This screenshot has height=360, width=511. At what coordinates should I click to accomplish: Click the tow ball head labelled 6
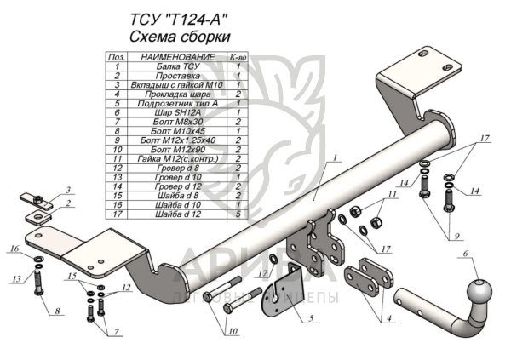pyautogui.click(x=479, y=292)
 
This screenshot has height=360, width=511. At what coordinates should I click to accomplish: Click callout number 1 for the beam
pyautogui.click(x=335, y=158)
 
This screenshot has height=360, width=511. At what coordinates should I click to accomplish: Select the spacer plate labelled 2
pyautogui.click(x=38, y=217)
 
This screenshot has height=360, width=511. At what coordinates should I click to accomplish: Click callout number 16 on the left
pyautogui.click(x=15, y=249)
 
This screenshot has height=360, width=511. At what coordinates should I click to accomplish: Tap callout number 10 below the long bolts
pyautogui.click(x=233, y=332)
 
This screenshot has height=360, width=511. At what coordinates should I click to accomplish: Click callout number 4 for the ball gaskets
pyautogui.click(x=389, y=318)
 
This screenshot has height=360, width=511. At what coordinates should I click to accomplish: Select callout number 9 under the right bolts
pyautogui.click(x=456, y=236)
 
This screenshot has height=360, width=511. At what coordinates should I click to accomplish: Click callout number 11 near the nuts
pyautogui.click(x=392, y=195)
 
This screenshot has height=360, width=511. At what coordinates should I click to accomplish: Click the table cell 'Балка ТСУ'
pyautogui.click(x=178, y=66)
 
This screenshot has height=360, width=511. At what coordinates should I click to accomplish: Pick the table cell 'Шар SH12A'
pyautogui.click(x=178, y=112)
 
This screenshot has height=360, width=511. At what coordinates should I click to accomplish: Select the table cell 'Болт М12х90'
pyautogui.click(x=178, y=150)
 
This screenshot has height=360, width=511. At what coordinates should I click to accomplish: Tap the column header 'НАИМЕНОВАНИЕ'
pyautogui.click(x=178, y=57)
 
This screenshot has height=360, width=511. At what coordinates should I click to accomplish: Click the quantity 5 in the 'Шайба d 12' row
pyautogui.click(x=238, y=214)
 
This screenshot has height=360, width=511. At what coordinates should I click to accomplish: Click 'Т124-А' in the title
pyautogui.click(x=194, y=20)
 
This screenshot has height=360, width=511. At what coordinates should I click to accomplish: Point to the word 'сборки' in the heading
pyautogui.click(x=204, y=37)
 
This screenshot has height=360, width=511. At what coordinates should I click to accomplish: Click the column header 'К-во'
pyautogui.click(x=238, y=57)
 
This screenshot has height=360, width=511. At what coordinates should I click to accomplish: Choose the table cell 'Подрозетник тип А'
pyautogui.click(x=178, y=104)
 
